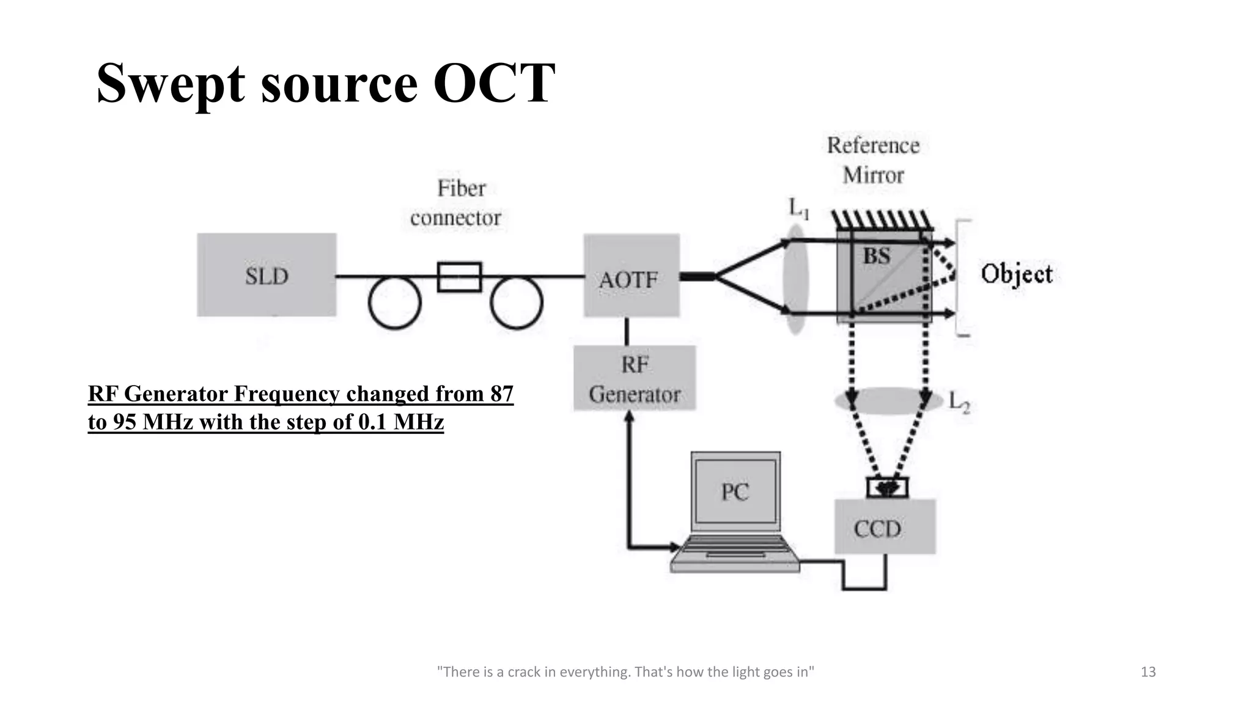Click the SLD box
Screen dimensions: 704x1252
pyautogui.click(x=267, y=275)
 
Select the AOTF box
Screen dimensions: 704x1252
pyautogui.click(x=632, y=276)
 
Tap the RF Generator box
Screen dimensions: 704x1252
pyautogui.click(x=635, y=378)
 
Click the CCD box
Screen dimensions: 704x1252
pyautogui.click(x=885, y=527)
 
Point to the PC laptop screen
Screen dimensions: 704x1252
pyautogui.click(x=735, y=491)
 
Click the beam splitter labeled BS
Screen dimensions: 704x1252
pyautogui.click(x=884, y=275)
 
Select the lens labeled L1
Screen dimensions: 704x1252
pyautogui.click(x=795, y=278)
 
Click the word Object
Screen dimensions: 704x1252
pyautogui.click(x=1017, y=274)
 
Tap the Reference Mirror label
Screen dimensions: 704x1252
pyautogui.click(x=873, y=160)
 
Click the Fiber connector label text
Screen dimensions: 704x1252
pyautogui.click(x=456, y=203)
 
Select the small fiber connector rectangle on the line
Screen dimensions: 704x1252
pyautogui.click(x=459, y=277)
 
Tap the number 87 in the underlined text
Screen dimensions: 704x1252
pyautogui.click(x=501, y=394)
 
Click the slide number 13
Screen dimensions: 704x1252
pyautogui.click(x=1148, y=672)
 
